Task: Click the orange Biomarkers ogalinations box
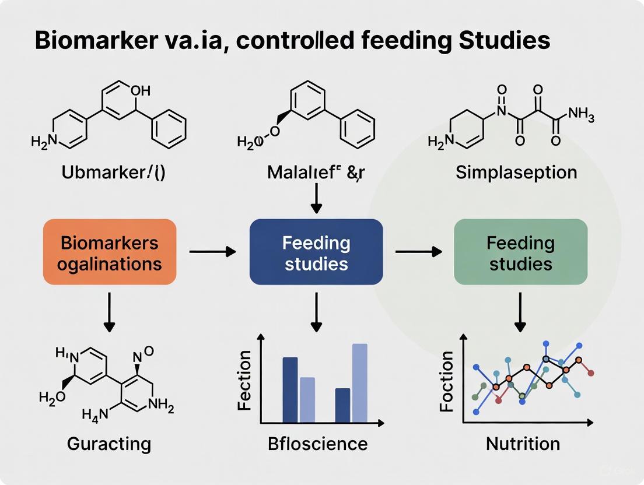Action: click(x=109, y=252)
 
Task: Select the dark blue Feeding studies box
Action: click(x=316, y=252)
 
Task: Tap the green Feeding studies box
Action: click(x=520, y=252)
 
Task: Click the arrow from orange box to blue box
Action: click(x=213, y=252)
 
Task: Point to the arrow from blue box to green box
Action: click(x=418, y=252)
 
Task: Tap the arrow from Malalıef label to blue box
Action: click(x=316, y=199)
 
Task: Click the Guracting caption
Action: click(x=109, y=444)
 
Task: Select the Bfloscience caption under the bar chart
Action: click(x=318, y=444)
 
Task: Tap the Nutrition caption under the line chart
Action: click(x=523, y=444)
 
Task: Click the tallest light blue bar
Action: click(x=360, y=382)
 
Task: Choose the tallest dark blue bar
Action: click(x=290, y=389)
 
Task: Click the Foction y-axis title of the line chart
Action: click(x=447, y=382)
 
